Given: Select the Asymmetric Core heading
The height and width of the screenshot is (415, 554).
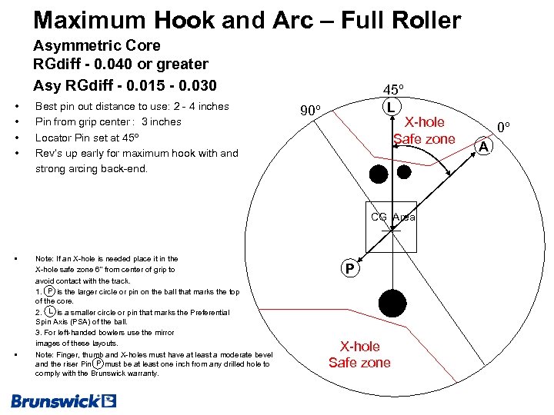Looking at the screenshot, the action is click(97, 46).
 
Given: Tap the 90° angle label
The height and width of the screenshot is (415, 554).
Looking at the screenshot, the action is click(311, 111).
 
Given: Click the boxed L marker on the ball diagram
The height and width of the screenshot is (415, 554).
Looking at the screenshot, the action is click(392, 107).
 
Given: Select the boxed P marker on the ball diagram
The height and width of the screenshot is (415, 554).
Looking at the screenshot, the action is click(350, 269).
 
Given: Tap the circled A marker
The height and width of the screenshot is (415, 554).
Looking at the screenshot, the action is click(482, 146).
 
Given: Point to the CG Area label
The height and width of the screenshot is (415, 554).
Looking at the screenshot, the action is click(392, 217).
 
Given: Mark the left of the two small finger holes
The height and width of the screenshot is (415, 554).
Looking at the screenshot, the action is click(378, 174).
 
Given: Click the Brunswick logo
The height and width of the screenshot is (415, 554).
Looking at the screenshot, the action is click(64, 400).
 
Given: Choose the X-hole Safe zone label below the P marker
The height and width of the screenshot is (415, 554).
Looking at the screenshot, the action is click(359, 354).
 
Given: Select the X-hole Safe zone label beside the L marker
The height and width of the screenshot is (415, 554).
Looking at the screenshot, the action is click(424, 131).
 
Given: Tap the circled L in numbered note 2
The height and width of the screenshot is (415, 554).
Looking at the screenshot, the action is click(50, 311).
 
